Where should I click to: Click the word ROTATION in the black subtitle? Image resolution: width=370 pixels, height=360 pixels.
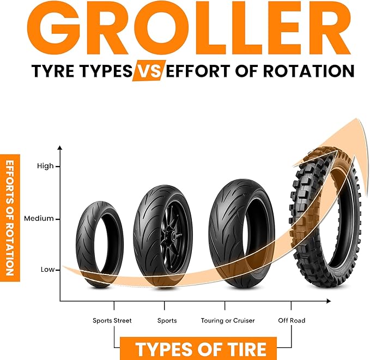click(x=308, y=71)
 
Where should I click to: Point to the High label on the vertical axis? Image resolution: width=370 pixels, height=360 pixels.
click(x=45, y=166)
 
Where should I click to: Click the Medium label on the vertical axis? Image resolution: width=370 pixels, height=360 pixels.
click(x=39, y=218)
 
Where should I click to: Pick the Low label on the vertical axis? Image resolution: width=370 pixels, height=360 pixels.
click(x=47, y=270)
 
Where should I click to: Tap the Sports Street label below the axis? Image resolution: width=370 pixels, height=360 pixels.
click(x=112, y=321)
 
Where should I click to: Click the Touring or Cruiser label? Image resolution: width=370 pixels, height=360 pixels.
click(x=228, y=321)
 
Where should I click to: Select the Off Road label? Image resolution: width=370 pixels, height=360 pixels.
click(x=292, y=320)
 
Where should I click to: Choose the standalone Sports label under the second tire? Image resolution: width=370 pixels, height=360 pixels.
click(x=167, y=321)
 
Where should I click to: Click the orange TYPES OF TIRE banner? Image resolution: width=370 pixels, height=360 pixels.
click(x=198, y=349)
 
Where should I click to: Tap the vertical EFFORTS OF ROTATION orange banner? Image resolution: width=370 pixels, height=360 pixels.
click(x=10, y=218)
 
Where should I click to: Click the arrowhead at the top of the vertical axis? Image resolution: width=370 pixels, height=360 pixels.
click(x=60, y=148)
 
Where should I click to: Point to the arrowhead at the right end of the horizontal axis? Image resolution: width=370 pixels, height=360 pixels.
click(x=328, y=301)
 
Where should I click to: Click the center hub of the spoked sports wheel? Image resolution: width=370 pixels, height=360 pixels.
click(x=173, y=235)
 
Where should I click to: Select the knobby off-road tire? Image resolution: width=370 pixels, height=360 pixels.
click(x=325, y=217)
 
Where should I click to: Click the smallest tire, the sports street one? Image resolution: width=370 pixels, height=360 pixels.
click(x=100, y=245)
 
